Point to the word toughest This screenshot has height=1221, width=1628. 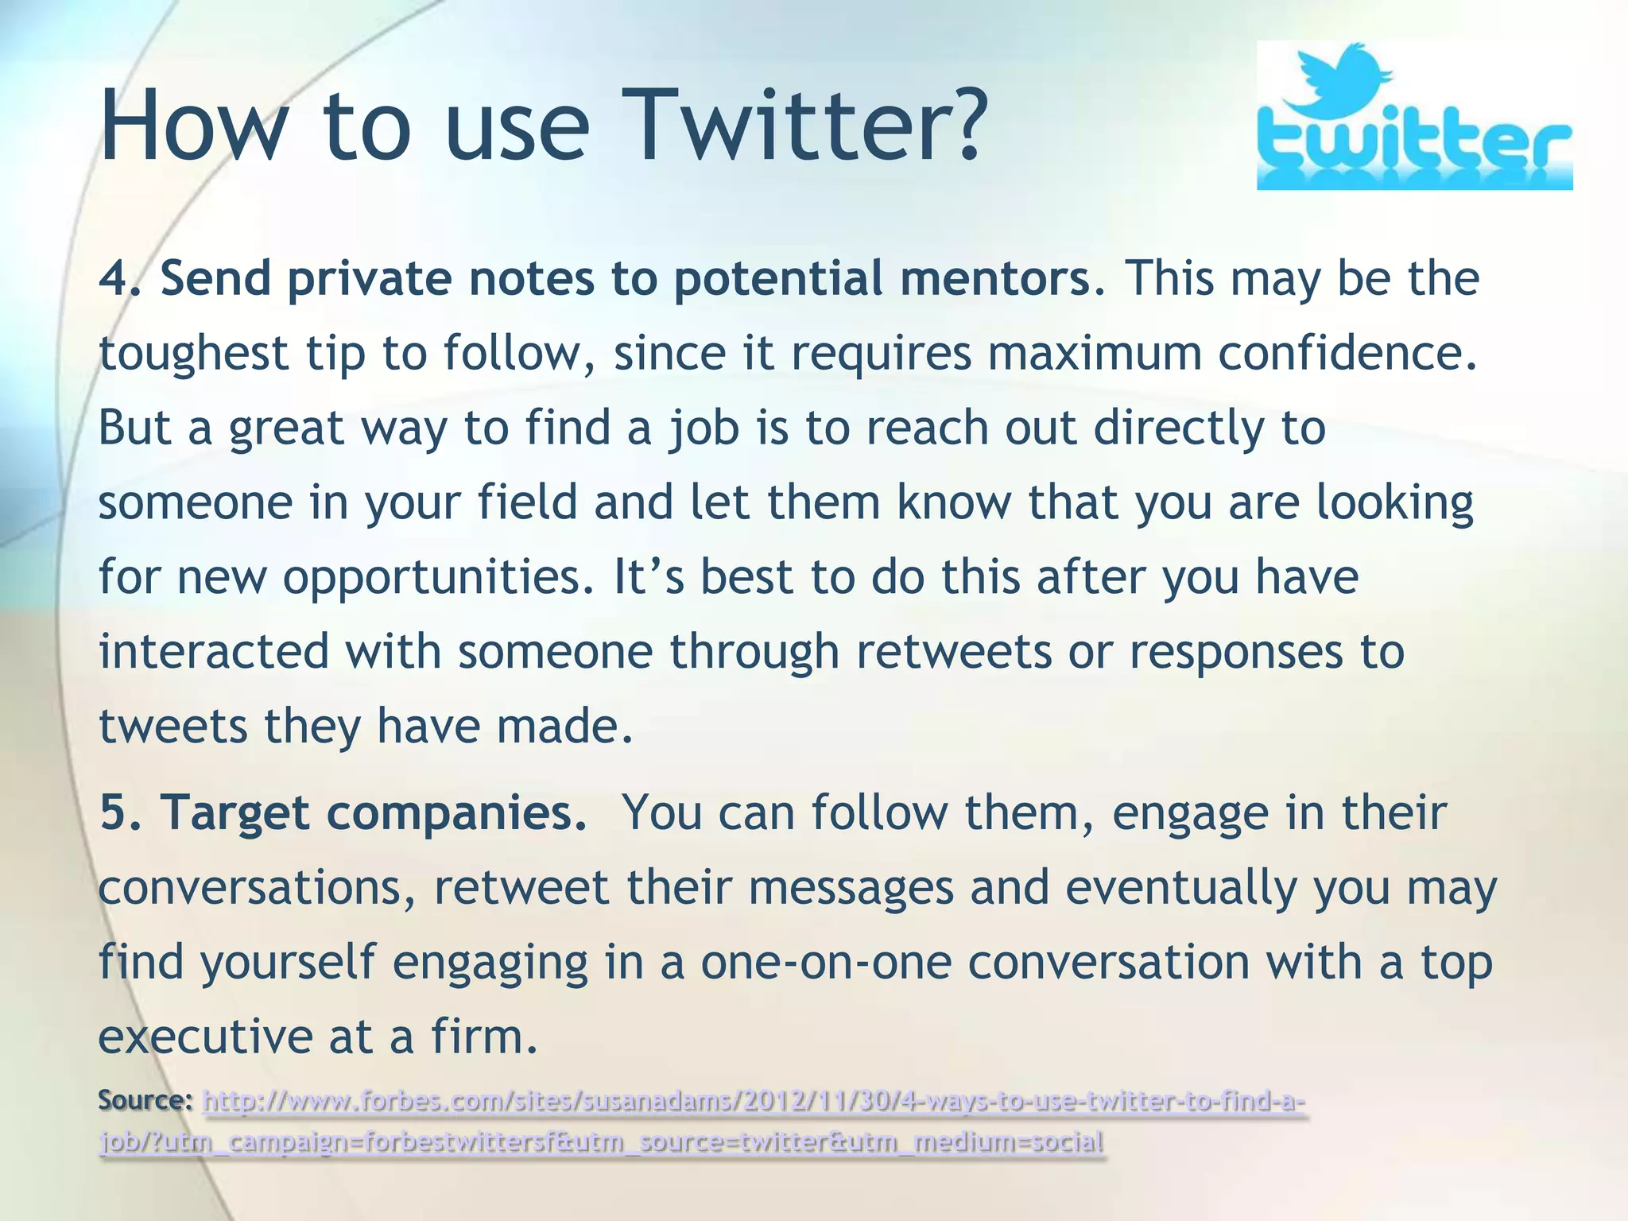click(x=193, y=353)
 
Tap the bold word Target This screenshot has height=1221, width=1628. click(x=235, y=814)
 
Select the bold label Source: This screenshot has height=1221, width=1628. click(x=145, y=1101)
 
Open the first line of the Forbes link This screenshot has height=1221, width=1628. click(x=753, y=1103)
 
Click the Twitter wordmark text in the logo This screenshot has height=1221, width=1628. click(x=1413, y=148)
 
